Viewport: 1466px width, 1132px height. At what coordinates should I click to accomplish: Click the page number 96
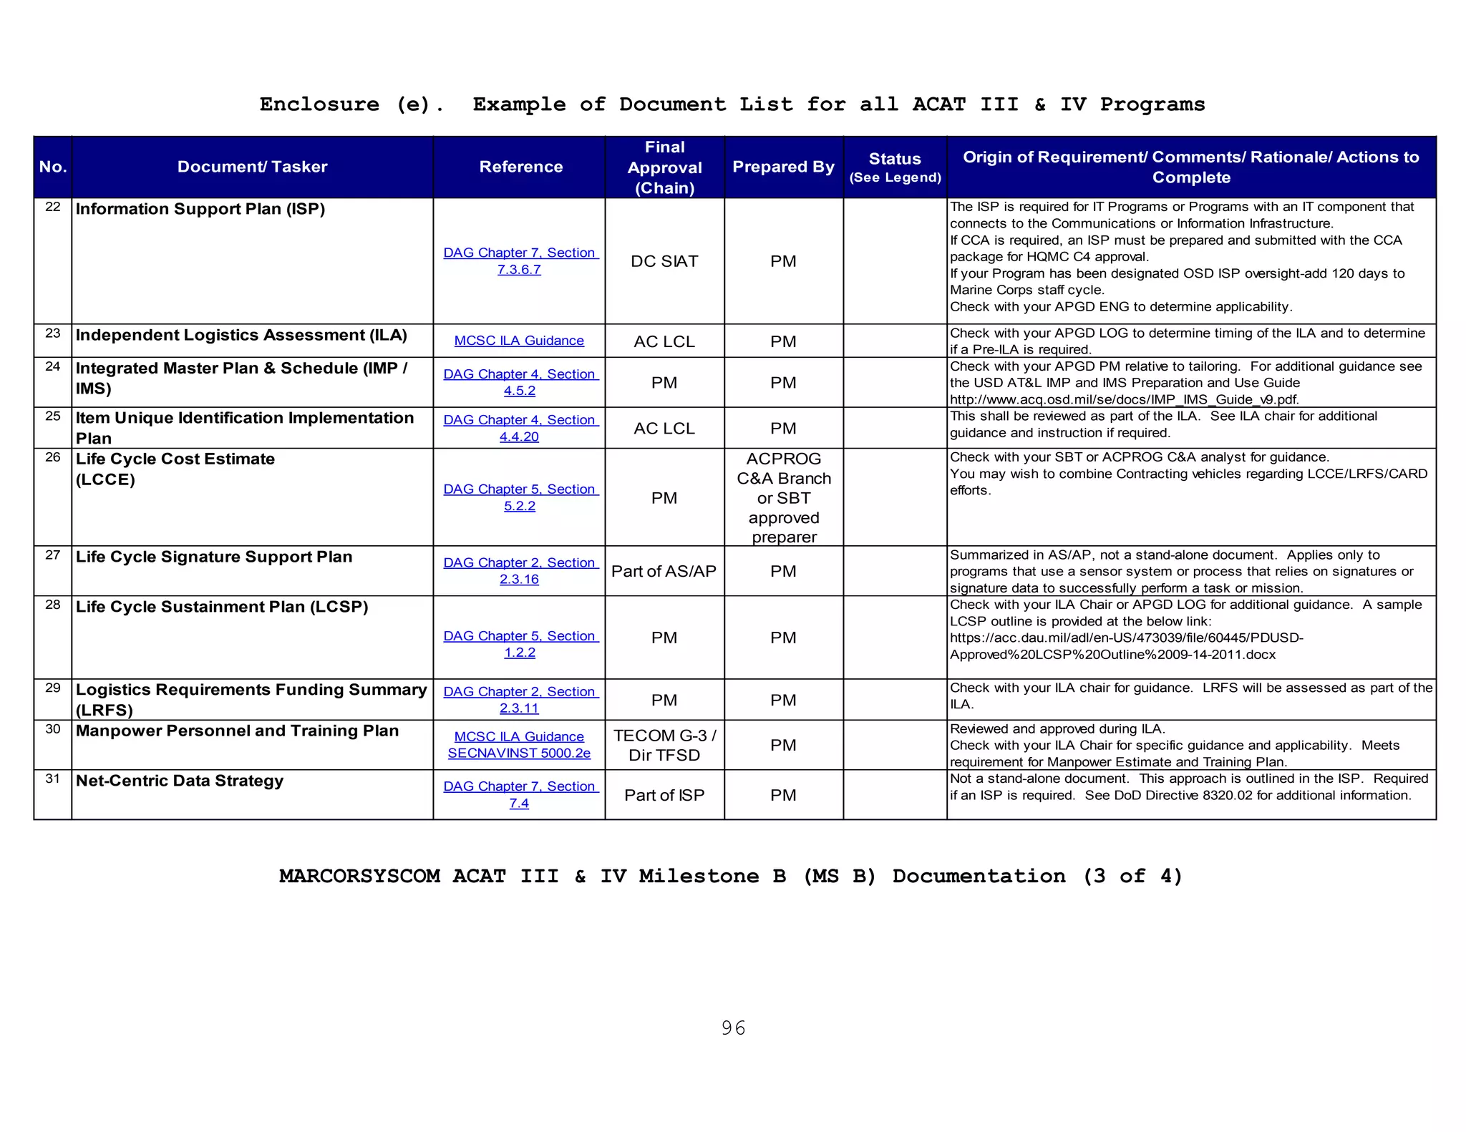pyautogui.click(x=733, y=1028)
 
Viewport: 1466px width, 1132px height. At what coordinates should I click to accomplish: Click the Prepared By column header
pyautogui.click(x=783, y=167)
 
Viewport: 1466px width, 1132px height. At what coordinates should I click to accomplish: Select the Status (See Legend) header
pyautogui.click(x=895, y=167)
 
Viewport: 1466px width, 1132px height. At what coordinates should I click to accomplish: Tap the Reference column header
pyautogui.click(x=520, y=167)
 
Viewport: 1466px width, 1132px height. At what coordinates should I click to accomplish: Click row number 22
pyautogui.click(x=53, y=208)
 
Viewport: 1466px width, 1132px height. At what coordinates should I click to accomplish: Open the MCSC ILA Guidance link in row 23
pyautogui.click(x=519, y=341)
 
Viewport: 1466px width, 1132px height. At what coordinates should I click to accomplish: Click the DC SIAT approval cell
pyautogui.click(x=664, y=261)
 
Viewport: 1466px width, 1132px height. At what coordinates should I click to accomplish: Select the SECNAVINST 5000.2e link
pyautogui.click(x=519, y=753)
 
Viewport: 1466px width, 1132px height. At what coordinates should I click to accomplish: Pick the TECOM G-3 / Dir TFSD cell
pyautogui.click(x=664, y=745)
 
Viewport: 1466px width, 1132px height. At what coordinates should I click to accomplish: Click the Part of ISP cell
pyautogui.click(x=664, y=795)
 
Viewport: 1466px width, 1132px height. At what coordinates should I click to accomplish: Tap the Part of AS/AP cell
pyautogui.click(x=664, y=571)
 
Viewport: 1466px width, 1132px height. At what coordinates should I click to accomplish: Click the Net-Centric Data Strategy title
pyautogui.click(x=180, y=781)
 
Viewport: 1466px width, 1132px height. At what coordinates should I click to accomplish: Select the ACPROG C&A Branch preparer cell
pyautogui.click(x=783, y=497)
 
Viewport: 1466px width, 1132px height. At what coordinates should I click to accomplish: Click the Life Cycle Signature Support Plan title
pyautogui.click(x=214, y=557)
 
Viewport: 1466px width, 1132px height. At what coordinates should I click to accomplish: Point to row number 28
pyautogui.click(x=53, y=605)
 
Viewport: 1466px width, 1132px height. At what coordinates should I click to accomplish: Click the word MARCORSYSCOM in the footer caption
pyautogui.click(x=359, y=876)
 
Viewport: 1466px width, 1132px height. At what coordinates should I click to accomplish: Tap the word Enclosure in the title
pyautogui.click(x=319, y=104)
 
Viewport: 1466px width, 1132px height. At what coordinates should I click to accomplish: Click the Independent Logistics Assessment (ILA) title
pyautogui.click(x=241, y=335)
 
